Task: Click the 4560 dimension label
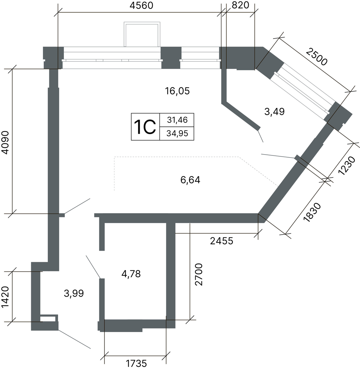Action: [x=141, y=6]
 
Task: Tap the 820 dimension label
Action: [x=241, y=5]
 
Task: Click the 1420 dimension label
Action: [x=5, y=297]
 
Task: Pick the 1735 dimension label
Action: [x=136, y=364]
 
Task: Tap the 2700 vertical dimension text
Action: [x=199, y=274]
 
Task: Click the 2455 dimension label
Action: [x=221, y=241]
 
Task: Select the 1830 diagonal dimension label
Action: [x=312, y=212]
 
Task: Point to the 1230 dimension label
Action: [x=347, y=165]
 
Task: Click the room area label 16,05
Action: [x=177, y=91]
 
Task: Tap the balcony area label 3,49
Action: [x=274, y=111]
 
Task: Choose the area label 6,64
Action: [x=190, y=180]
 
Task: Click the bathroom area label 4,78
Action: [x=131, y=274]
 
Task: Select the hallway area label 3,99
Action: [x=74, y=293]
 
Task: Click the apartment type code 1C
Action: [x=145, y=127]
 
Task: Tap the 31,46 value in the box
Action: [x=177, y=120]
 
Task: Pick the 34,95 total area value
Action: [x=177, y=133]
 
